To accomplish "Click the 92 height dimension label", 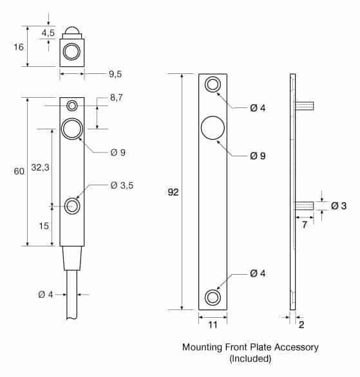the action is [x=173, y=192].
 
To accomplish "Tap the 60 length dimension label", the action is [x=19, y=171].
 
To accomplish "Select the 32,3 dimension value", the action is [x=40, y=167].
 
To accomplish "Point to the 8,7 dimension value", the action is [x=117, y=97].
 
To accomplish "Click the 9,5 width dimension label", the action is [x=115, y=74].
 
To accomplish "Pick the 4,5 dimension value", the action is [x=48, y=33].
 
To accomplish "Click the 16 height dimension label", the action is [x=19, y=47].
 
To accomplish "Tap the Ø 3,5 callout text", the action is [x=122, y=185].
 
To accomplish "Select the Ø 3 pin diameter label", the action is [x=339, y=206].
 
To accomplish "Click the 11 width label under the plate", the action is [x=213, y=325].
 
